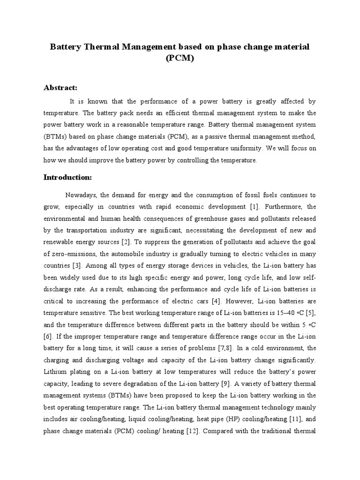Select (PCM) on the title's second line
click(x=180, y=60)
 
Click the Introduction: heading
click(x=68, y=178)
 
